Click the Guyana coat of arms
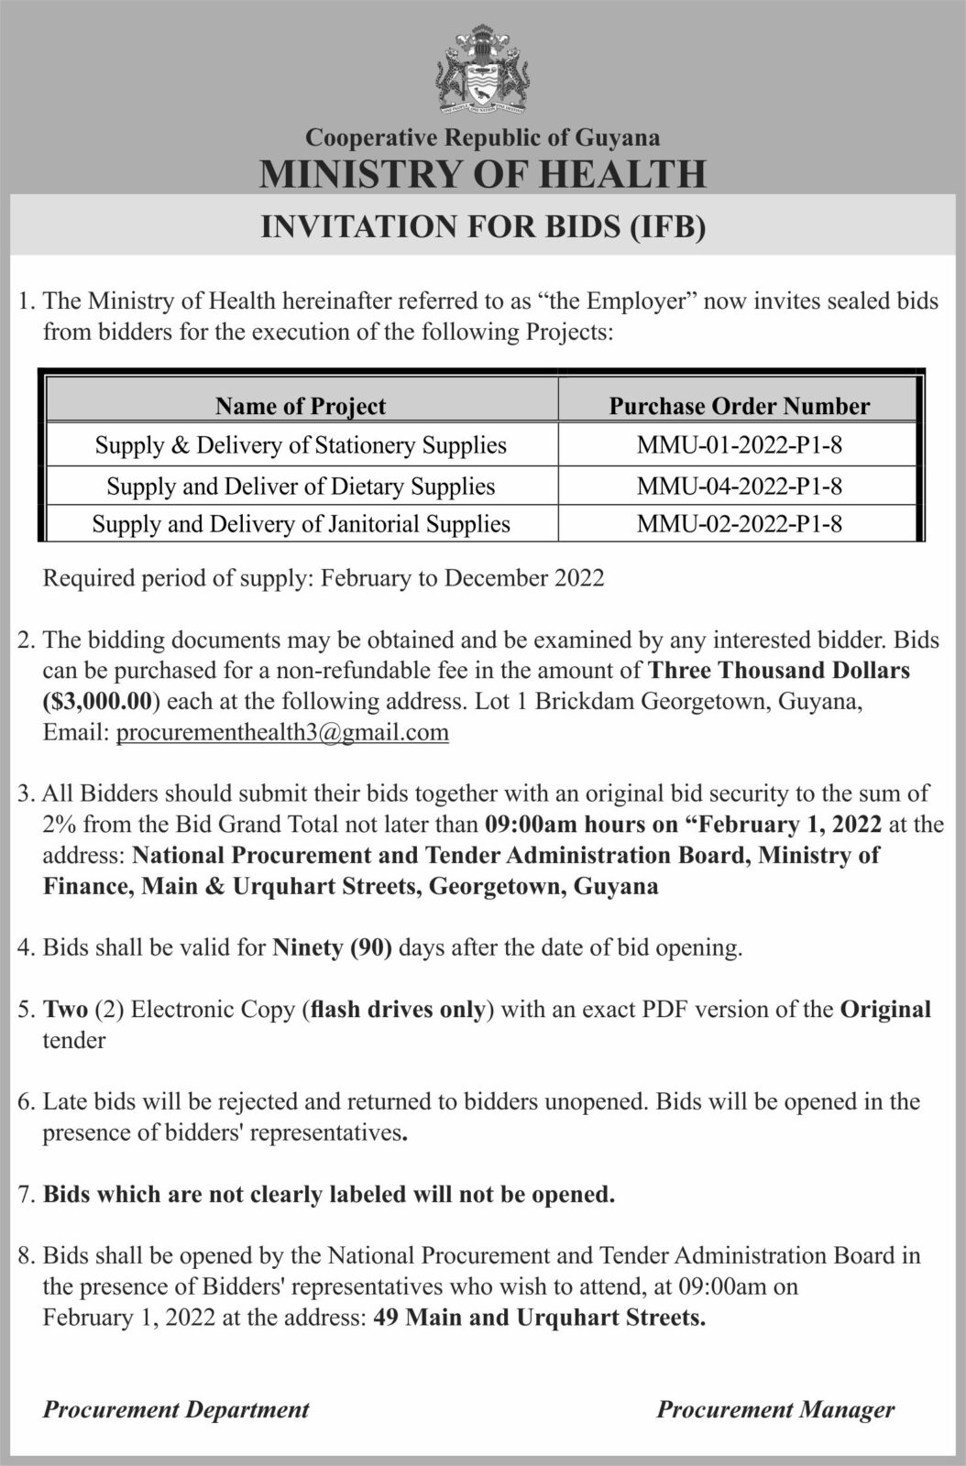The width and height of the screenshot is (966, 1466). [482, 72]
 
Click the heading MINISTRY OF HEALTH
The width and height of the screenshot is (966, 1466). [482, 173]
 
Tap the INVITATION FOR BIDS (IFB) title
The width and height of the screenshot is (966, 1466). [483, 226]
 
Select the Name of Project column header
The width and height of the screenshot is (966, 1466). [301, 406]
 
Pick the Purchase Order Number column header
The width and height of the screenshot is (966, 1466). [739, 406]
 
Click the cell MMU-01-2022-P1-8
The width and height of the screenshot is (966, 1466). [739, 445]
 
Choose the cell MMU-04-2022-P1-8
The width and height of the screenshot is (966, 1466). [739, 486]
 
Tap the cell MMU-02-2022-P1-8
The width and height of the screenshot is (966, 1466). [739, 524]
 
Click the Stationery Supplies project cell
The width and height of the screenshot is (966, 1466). [301, 445]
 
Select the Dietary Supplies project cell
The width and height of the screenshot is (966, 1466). [301, 486]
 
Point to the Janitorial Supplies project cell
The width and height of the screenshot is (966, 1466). [301, 524]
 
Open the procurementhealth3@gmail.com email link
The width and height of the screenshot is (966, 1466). [282, 732]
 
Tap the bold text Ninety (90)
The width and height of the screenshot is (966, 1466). [333, 947]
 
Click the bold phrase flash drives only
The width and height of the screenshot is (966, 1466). [399, 1010]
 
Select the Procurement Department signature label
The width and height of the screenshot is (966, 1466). [176, 1409]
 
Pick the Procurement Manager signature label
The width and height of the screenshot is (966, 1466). [775, 1409]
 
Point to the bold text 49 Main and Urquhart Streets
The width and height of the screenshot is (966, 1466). [537, 1318]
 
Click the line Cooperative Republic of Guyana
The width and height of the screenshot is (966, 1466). [482, 138]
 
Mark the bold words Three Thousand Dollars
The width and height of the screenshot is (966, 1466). [779, 670]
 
